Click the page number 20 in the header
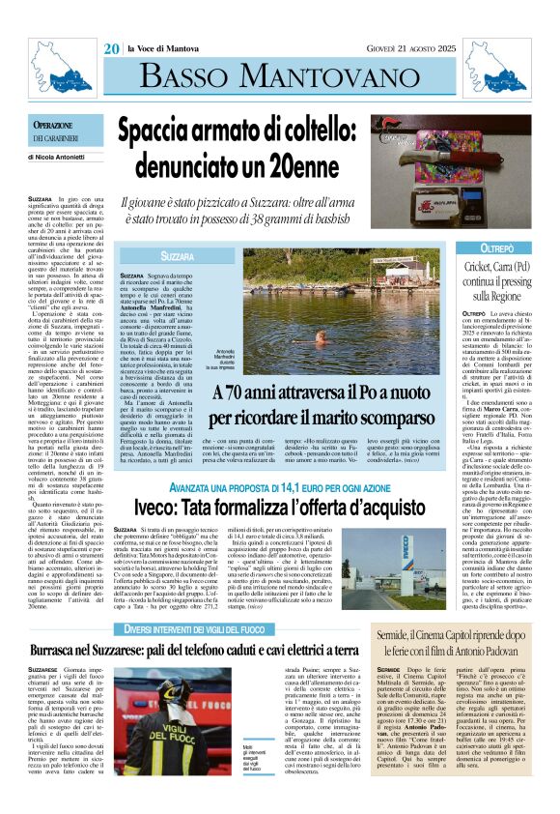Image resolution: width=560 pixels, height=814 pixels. coord(112,49)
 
